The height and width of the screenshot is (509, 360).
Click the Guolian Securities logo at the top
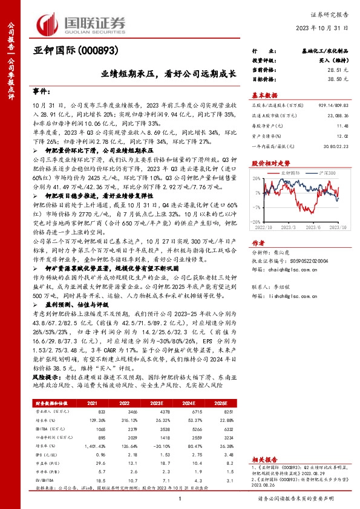[82, 22]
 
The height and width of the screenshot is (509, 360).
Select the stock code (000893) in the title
[96, 51]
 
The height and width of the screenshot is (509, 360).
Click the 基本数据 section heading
[264, 96]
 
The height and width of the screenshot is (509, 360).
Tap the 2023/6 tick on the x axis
[313, 227]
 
